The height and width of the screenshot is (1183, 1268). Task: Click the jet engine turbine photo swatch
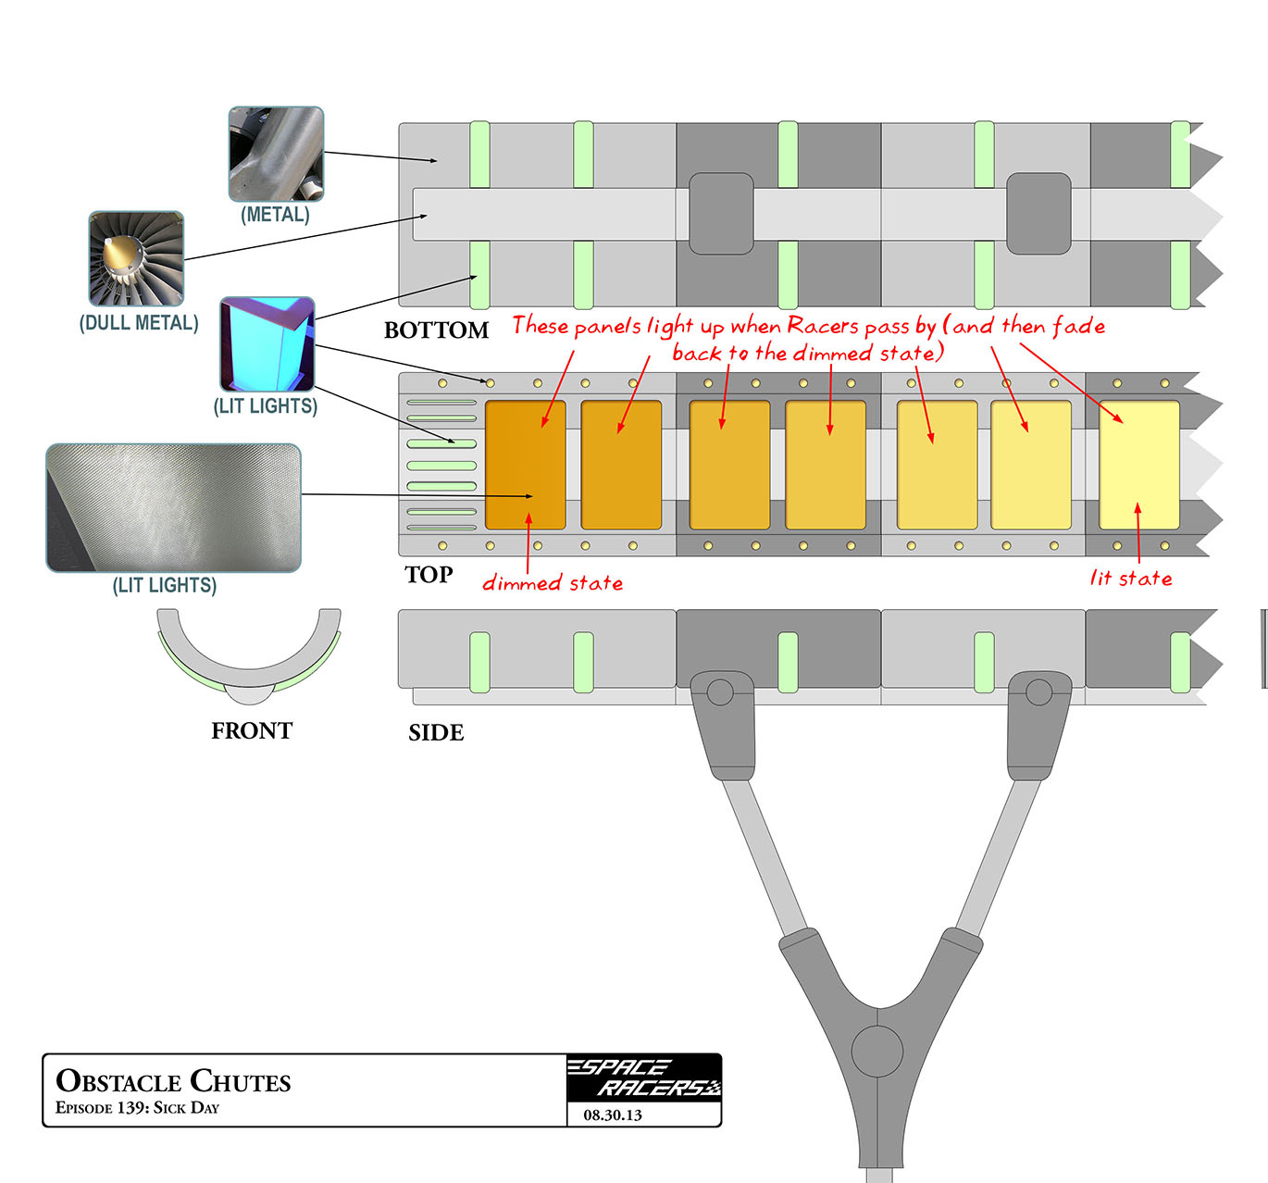click(136, 258)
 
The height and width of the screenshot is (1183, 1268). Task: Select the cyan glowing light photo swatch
click(267, 343)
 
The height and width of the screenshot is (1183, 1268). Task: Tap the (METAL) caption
click(275, 215)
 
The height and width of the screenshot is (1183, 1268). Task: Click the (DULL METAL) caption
click(139, 323)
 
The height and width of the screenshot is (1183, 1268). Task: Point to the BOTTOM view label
click(436, 330)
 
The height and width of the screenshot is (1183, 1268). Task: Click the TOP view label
click(429, 575)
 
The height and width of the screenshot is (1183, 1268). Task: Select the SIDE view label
click(436, 733)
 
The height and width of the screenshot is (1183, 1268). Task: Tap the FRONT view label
click(252, 731)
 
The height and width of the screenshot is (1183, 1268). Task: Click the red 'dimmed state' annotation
click(553, 583)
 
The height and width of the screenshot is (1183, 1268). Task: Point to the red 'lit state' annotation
click(1131, 579)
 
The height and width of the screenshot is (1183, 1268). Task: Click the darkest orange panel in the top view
click(525, 465)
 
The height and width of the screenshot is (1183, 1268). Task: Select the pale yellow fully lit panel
click(1139, 465)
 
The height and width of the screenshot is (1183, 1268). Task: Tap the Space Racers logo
click(644, 1078)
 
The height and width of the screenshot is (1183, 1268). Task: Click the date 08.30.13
click(613, 1115)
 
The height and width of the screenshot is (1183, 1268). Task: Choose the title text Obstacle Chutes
click(173, 1080)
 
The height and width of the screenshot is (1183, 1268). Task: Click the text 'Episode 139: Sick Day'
click(138, 1108)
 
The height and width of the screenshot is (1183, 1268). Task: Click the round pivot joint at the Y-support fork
click(876, 1051)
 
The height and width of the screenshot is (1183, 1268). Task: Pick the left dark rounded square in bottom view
click(721, 214)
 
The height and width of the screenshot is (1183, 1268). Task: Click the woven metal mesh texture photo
click(174, 507)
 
